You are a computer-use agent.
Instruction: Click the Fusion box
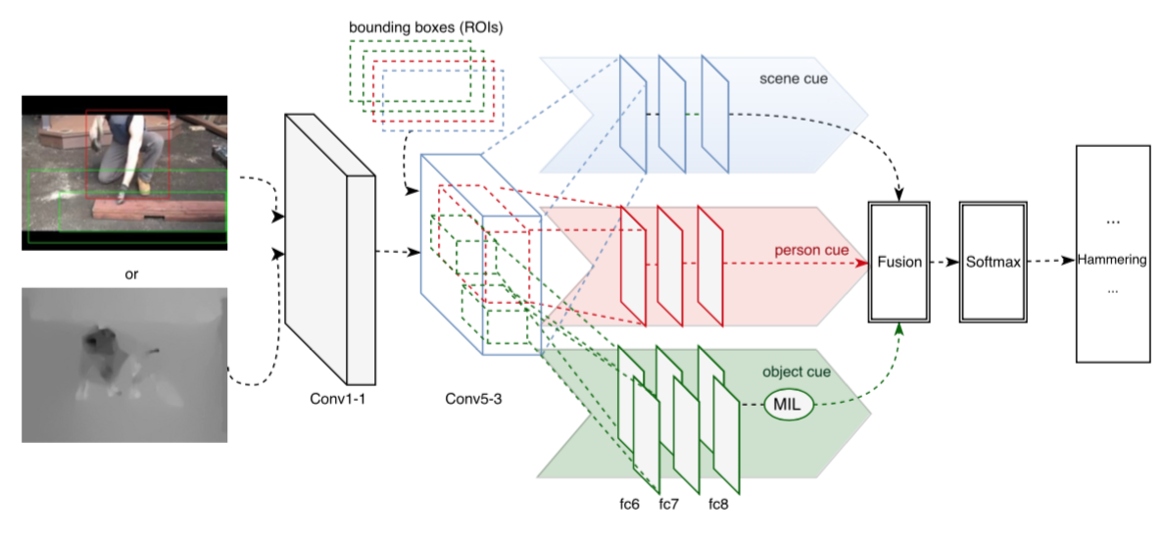(898, 263)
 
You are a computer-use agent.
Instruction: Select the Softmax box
(991, 263)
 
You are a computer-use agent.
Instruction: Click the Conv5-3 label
(474, 399)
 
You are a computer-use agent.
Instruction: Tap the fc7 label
(668, 505)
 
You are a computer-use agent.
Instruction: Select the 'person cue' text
(814, 251)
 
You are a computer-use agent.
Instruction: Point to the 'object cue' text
(796, 372)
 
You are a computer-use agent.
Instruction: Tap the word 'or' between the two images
(124, 273)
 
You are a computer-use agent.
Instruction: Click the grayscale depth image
(124, 365)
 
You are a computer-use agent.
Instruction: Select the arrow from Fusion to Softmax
(944, 263)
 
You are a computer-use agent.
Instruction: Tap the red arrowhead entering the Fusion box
(862, 264)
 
